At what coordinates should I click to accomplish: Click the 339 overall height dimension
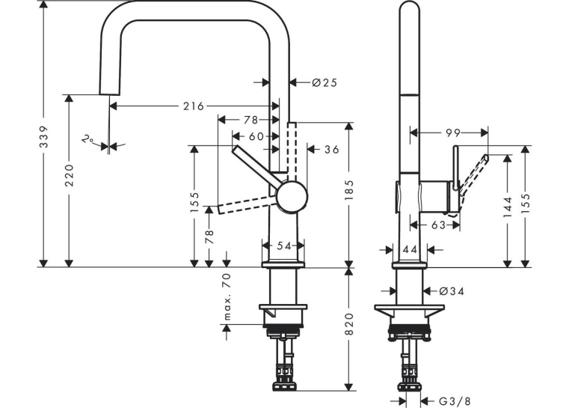(44, 137)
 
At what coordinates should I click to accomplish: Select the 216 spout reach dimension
(194, 106)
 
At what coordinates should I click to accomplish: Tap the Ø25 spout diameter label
(325, 83)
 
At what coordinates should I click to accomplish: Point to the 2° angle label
(87, 139)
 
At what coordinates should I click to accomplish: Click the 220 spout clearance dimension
(70, 176)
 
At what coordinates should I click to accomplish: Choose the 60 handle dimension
(256, 136)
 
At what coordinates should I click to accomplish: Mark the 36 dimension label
(331, 149)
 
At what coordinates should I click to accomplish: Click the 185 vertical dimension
(349, 189)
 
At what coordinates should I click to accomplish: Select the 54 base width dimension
(284, 246)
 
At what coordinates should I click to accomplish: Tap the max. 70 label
(227, 296)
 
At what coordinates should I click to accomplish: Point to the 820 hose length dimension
(349, 324)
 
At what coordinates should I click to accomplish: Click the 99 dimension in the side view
(453, 133)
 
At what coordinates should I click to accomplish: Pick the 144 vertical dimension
(508, 207)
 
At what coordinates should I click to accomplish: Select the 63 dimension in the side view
(438, 225)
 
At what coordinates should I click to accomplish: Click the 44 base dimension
(410, 250)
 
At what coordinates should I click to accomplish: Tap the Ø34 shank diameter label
(452, 291)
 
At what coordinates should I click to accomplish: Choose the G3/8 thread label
(455, 401)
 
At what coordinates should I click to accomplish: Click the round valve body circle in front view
(292, 197)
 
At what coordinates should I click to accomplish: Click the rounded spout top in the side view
(410, 7)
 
